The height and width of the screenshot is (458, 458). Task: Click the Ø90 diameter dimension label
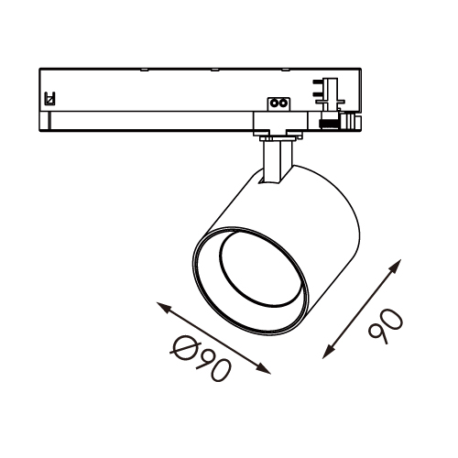pyautogui.click(x=201, y=358)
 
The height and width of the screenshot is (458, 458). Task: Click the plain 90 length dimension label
pyautogui.click(x=386, y=326)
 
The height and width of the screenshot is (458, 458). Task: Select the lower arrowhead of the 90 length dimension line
pyautogui.click(x=328, y=353)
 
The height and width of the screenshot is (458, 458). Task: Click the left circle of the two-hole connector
pyautogui.click(x=274, y=104)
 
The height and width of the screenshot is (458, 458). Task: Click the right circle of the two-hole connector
pyautogui.click(x=283, y=104)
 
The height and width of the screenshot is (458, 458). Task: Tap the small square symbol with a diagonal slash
pyautogui.click(x=49, y=99)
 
